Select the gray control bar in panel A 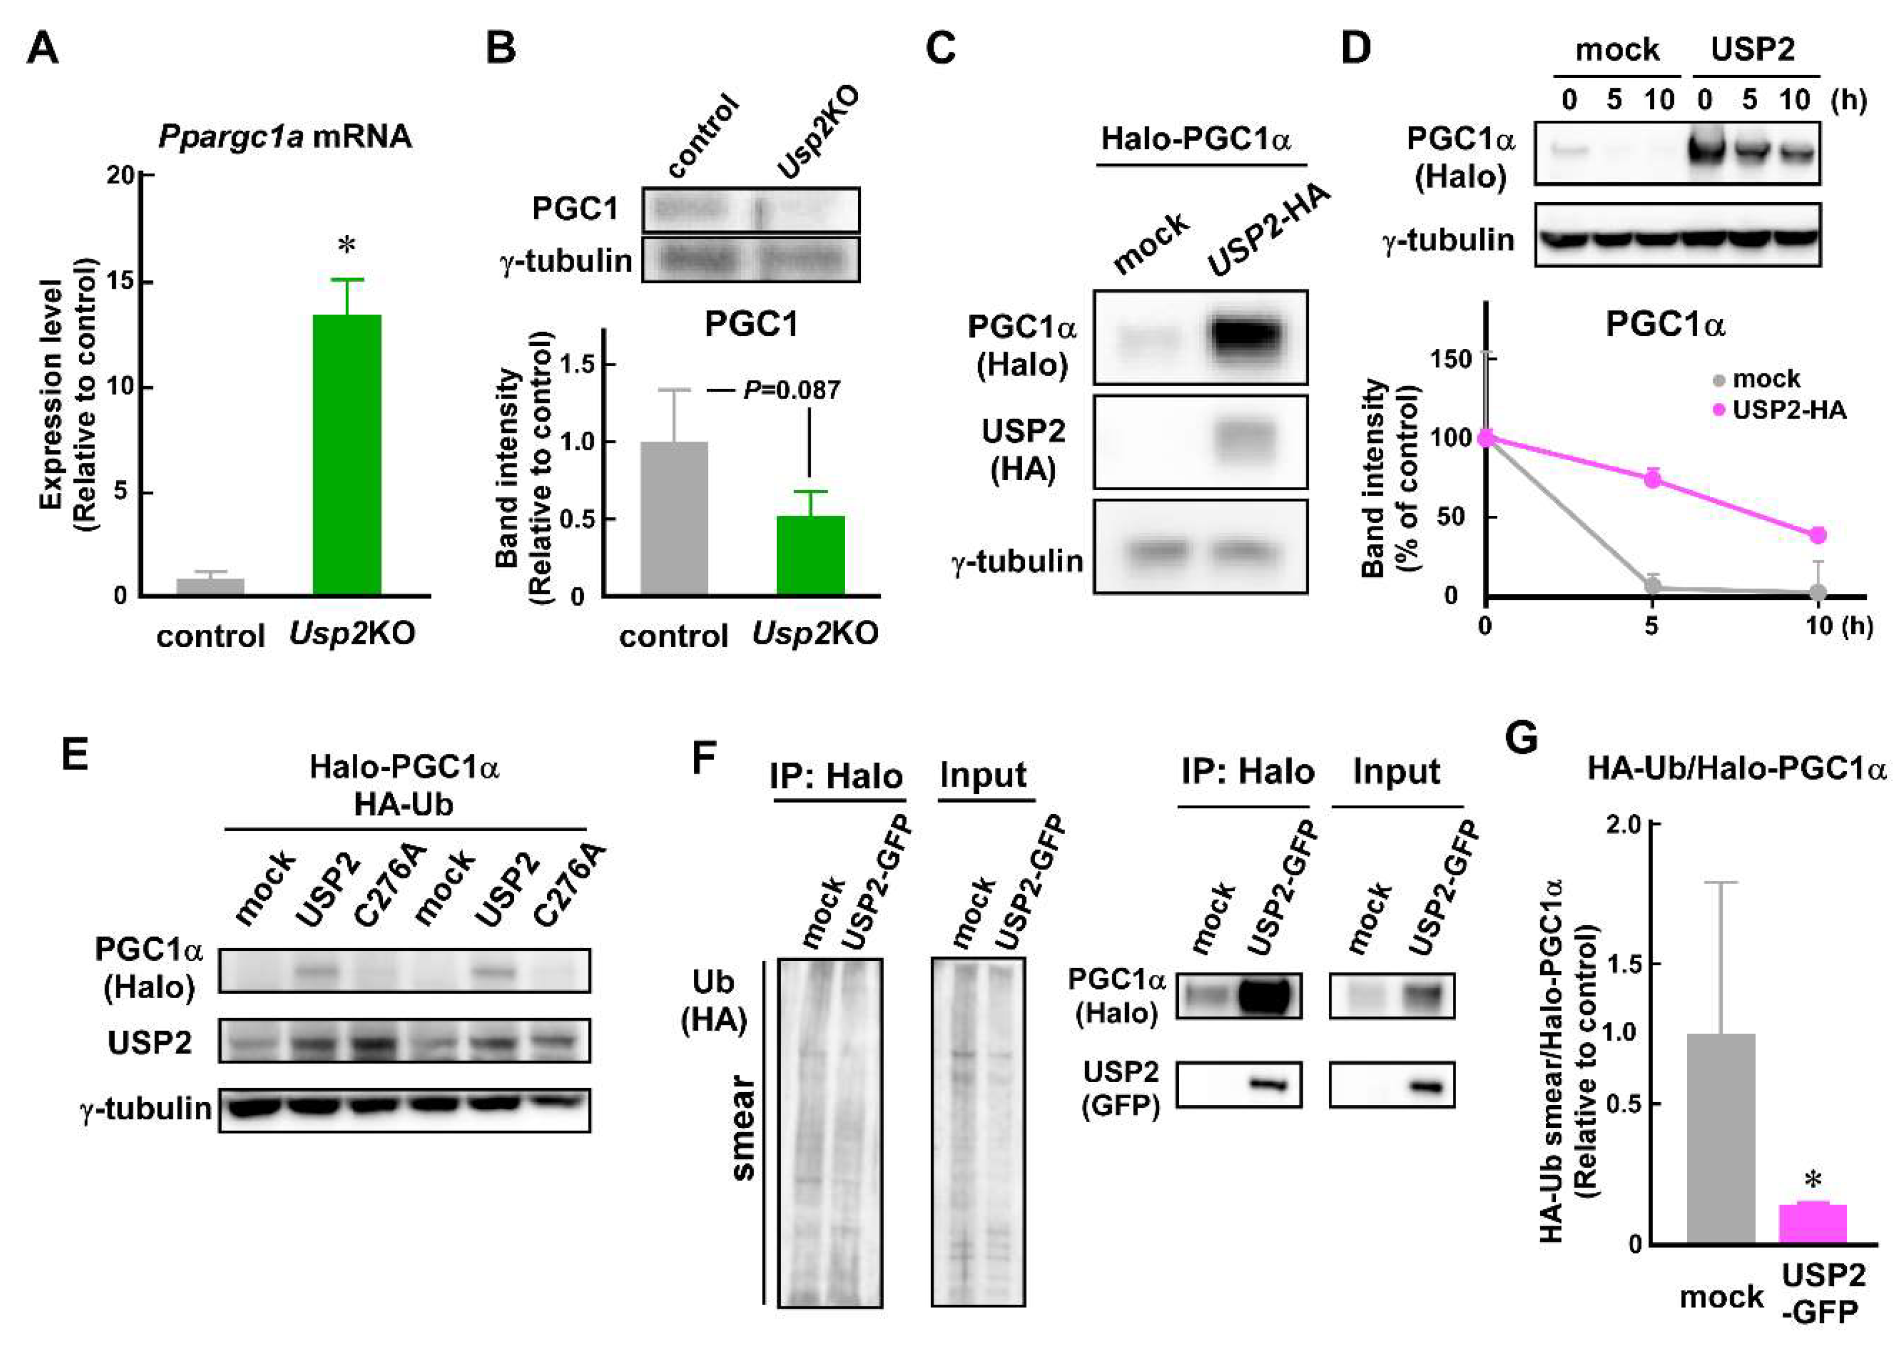[x=211, y=586]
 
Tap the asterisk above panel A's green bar [x=347, y=245]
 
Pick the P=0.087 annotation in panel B [x=791, y=390]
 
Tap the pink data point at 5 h [x=1653, y=478]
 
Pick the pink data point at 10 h [x=1817, y=535]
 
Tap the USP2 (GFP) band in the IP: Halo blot [x=1267, y=1084]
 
